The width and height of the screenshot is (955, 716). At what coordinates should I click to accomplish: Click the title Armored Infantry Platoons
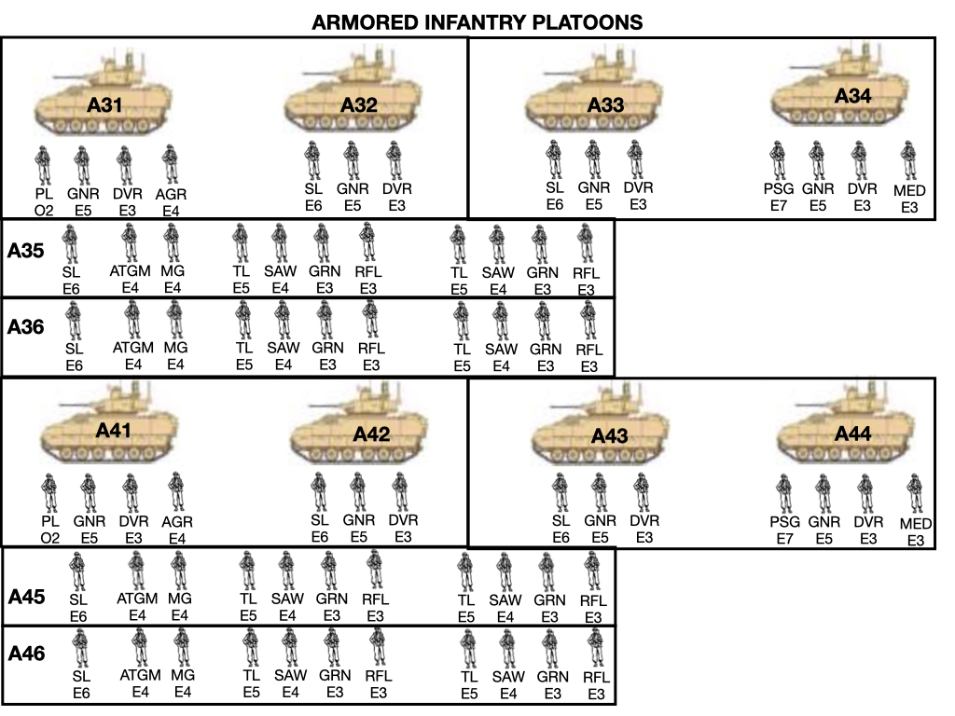click(477, 21)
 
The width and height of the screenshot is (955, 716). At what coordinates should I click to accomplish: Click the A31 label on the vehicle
click(105, 105)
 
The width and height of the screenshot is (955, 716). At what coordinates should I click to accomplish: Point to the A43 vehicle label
click(610, 435)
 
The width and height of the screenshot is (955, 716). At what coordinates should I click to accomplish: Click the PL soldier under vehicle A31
click(44, 165)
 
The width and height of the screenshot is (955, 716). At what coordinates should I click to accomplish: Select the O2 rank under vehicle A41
click(49, 538)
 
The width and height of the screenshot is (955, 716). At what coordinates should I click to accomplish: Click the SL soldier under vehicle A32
click(313, 160)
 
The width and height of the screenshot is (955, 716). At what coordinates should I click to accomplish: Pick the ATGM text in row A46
click(140, 675)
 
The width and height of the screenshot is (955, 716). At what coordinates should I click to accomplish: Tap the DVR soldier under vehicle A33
click(635, 159)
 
